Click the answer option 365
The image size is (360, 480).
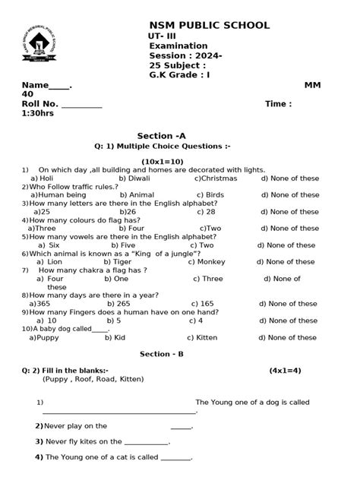39,304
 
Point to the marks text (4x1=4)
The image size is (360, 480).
285,370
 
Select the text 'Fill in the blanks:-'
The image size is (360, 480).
74,370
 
